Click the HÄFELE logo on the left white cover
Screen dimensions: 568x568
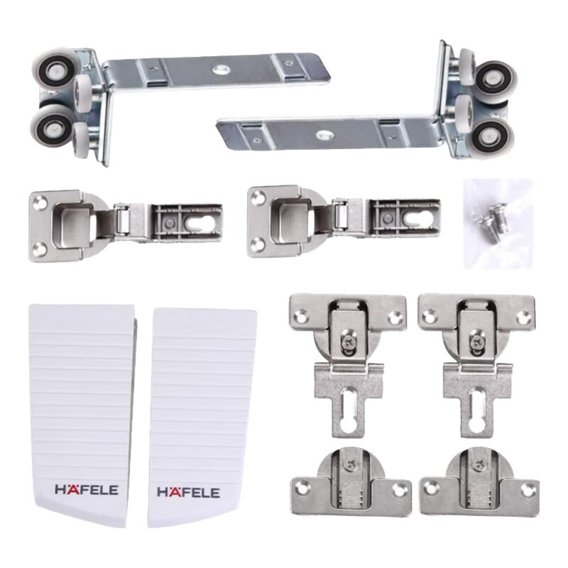click(87, 489)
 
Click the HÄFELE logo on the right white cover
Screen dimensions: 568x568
click(188, 492)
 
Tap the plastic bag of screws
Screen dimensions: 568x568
click(498, 224)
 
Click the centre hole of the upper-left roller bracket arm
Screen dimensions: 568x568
click(219, 68)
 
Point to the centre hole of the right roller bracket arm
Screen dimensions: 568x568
click(323, 135)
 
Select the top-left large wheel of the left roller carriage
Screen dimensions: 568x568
click(55, 69)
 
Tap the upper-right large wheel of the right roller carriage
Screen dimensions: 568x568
click(495, 81)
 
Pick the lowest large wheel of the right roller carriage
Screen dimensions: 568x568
click(491, 136)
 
